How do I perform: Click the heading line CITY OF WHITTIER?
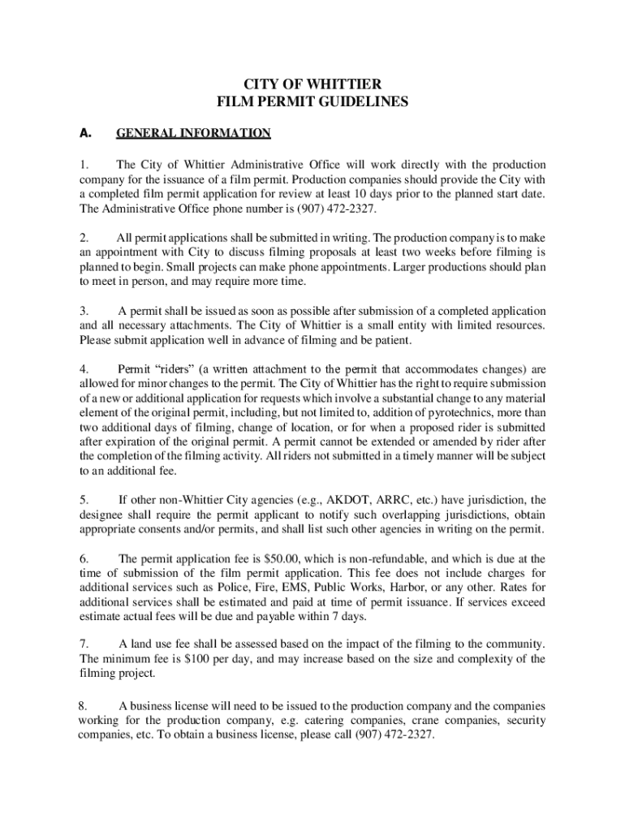pyautogui.click(x=312, y=85)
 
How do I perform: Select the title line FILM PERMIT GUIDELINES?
pyautogui.click(x=312, y=103)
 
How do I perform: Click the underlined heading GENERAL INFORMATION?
pyautogui.click(x=194, y=132)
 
